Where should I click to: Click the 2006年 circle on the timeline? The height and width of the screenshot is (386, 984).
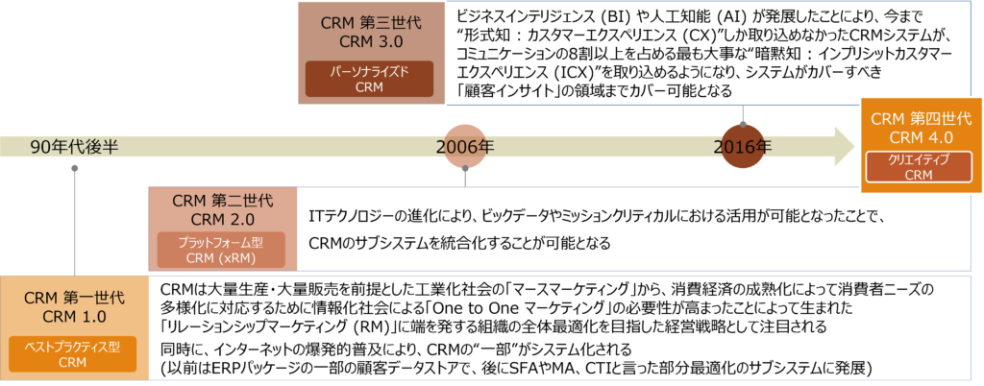click(465, 147)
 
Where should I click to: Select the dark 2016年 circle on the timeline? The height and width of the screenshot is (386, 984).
click(743, 147)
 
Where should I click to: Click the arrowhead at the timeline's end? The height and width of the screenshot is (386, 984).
click(844, 147)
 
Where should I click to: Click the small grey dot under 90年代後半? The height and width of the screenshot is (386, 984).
click(75, 168)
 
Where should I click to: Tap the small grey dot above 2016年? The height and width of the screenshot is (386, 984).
click(743, 124)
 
